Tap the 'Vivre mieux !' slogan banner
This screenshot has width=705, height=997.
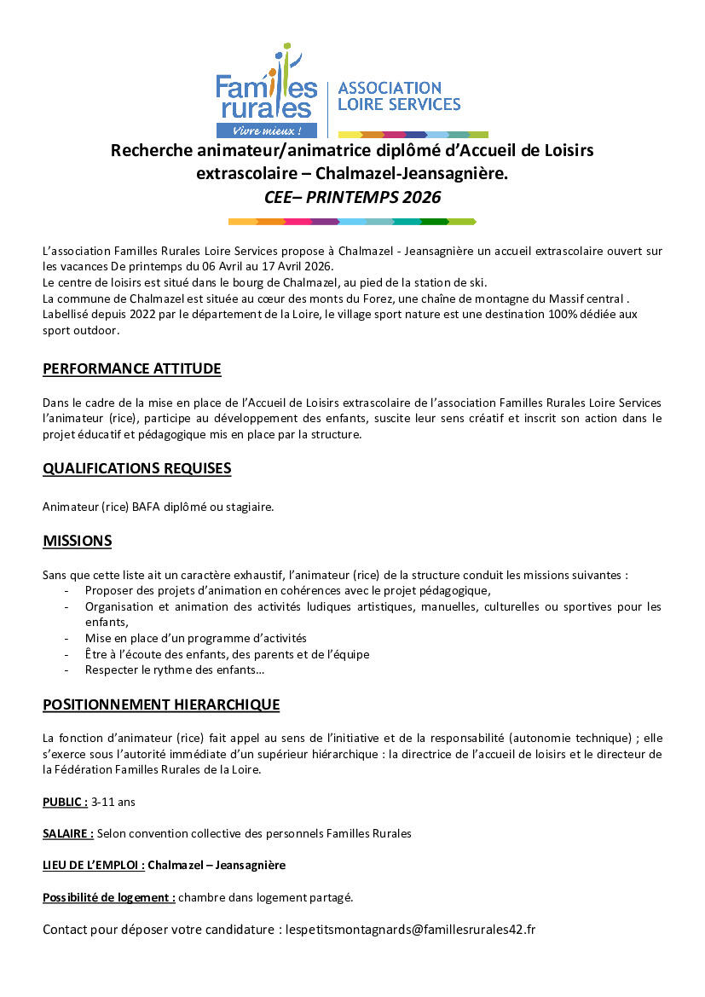pos(267,131)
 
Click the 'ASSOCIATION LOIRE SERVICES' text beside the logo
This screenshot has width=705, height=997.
pos(399,96)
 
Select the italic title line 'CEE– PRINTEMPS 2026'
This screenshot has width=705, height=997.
pos(352,197)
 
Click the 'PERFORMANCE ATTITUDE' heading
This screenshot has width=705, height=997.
pos(131,369)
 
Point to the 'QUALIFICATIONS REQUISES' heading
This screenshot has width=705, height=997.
pos(136,468)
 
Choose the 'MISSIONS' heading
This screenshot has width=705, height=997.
pos(77,542)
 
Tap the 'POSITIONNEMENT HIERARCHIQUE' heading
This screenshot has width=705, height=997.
pos(161,704)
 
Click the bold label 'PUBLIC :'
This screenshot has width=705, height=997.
pos(65,802)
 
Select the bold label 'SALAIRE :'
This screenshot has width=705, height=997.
pos(68,833)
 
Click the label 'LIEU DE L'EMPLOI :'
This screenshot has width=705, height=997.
pos(93,865)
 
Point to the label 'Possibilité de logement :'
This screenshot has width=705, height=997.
pos(109,897)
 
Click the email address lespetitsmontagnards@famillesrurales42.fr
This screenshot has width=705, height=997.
pos(410,930)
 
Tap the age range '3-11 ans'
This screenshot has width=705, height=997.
pos(113,802)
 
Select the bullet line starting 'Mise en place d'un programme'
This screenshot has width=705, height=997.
pos(195,638)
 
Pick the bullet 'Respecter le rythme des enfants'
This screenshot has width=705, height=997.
pos(174,670)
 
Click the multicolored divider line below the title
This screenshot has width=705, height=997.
pos(352,222)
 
